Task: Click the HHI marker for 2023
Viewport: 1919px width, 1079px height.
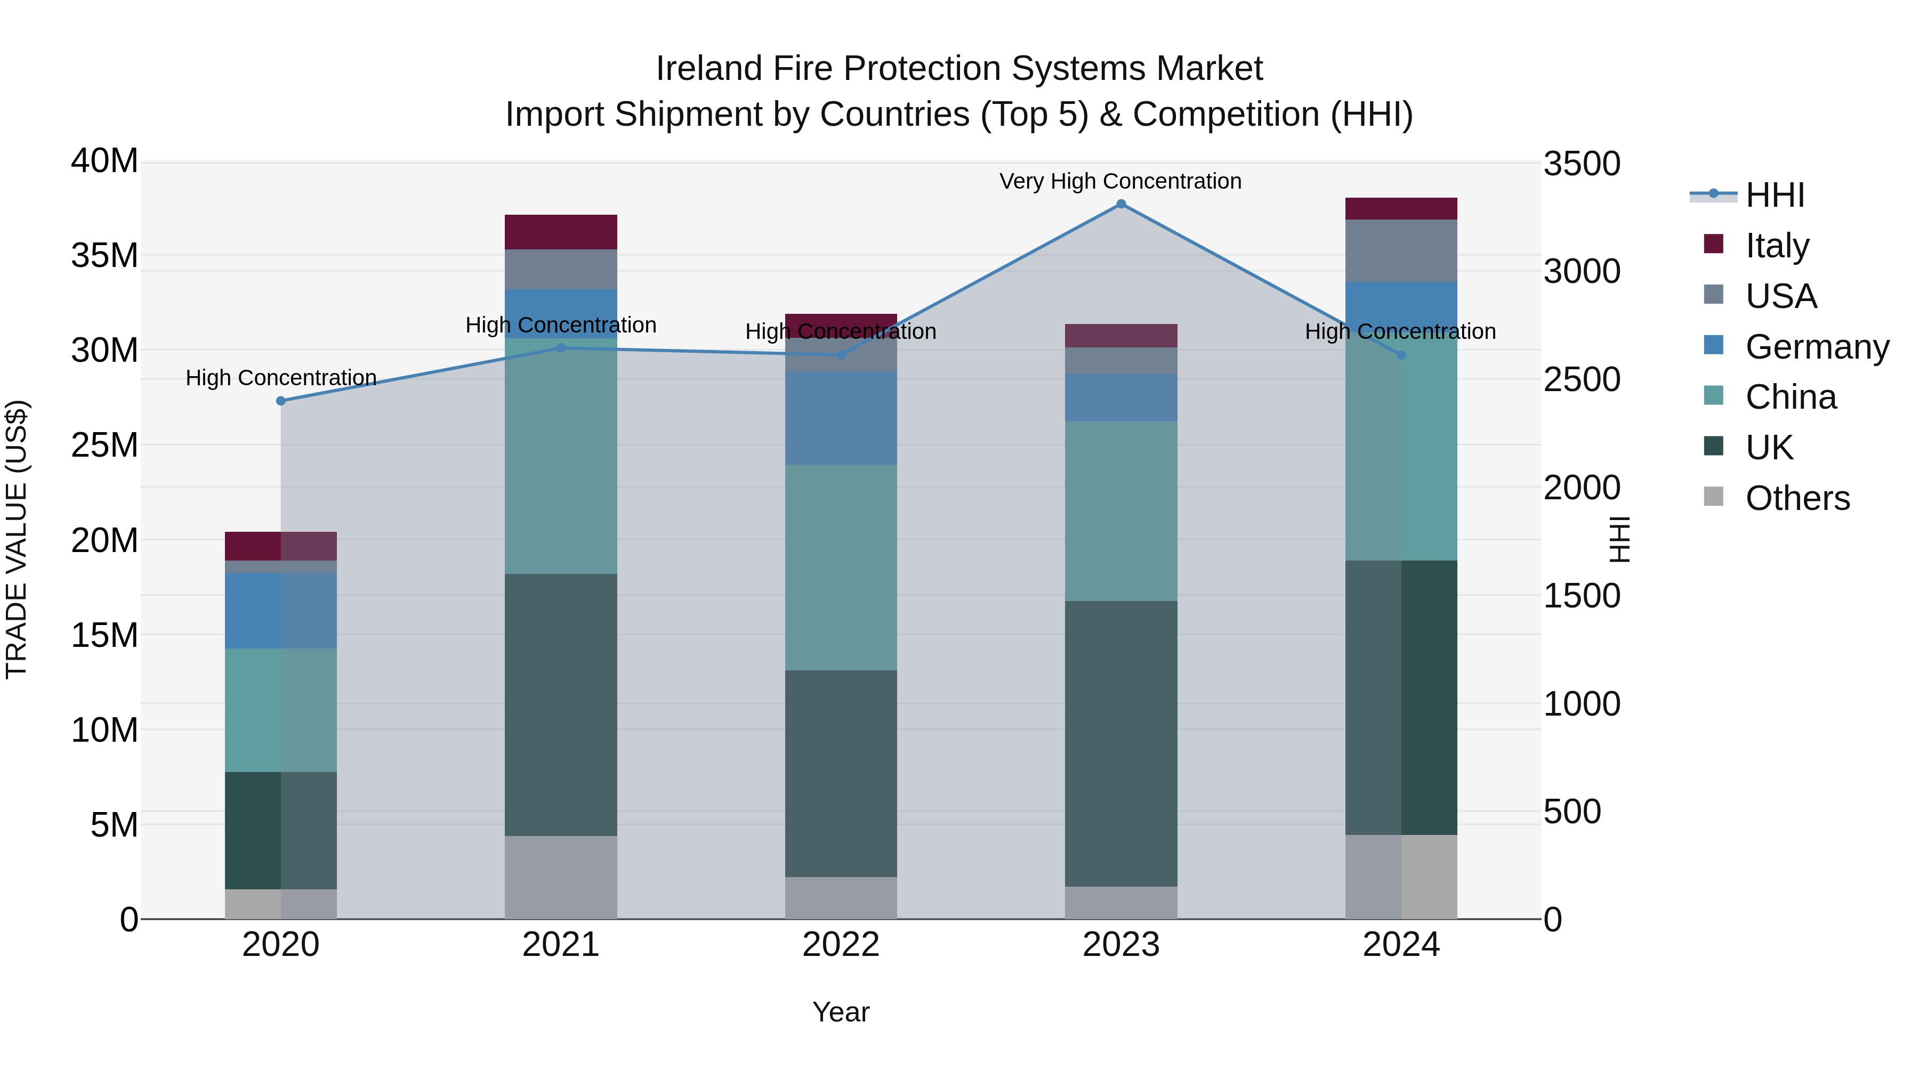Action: tap(1120, 204)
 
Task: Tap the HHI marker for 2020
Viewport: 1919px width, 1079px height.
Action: tap(281, 401)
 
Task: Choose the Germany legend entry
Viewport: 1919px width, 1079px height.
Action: tap(1816, 346)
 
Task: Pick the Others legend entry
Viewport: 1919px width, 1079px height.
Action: tap(1797, 498)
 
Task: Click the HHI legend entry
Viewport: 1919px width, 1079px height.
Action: tap(1775, 195)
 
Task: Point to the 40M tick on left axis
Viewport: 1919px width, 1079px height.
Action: tap(104, 161)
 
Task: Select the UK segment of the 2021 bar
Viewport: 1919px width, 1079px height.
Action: tap(561, 704)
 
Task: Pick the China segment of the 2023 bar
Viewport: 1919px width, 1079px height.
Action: tap(1120, 511)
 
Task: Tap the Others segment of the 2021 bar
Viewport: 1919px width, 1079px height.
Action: tap(561, 877)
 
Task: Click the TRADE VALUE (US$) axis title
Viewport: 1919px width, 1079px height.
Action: tap(17, 539)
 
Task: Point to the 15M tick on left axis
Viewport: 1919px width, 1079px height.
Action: tap(104, 635)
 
